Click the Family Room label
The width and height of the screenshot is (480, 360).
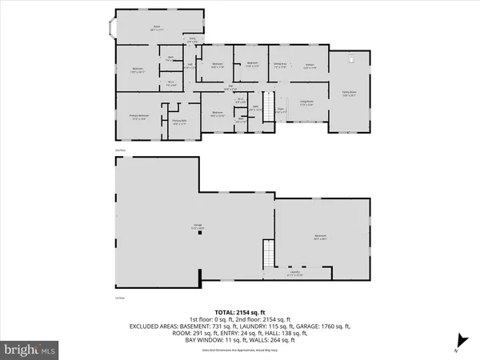(349, 93)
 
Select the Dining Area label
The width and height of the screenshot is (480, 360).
(280, 66)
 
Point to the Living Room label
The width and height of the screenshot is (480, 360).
(306, 103)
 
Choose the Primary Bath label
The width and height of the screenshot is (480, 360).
(178, 122)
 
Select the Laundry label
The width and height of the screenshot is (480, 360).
(295, 274)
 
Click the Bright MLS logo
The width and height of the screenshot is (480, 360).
(30, 350)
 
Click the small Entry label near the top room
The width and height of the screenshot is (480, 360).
(192, 39)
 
